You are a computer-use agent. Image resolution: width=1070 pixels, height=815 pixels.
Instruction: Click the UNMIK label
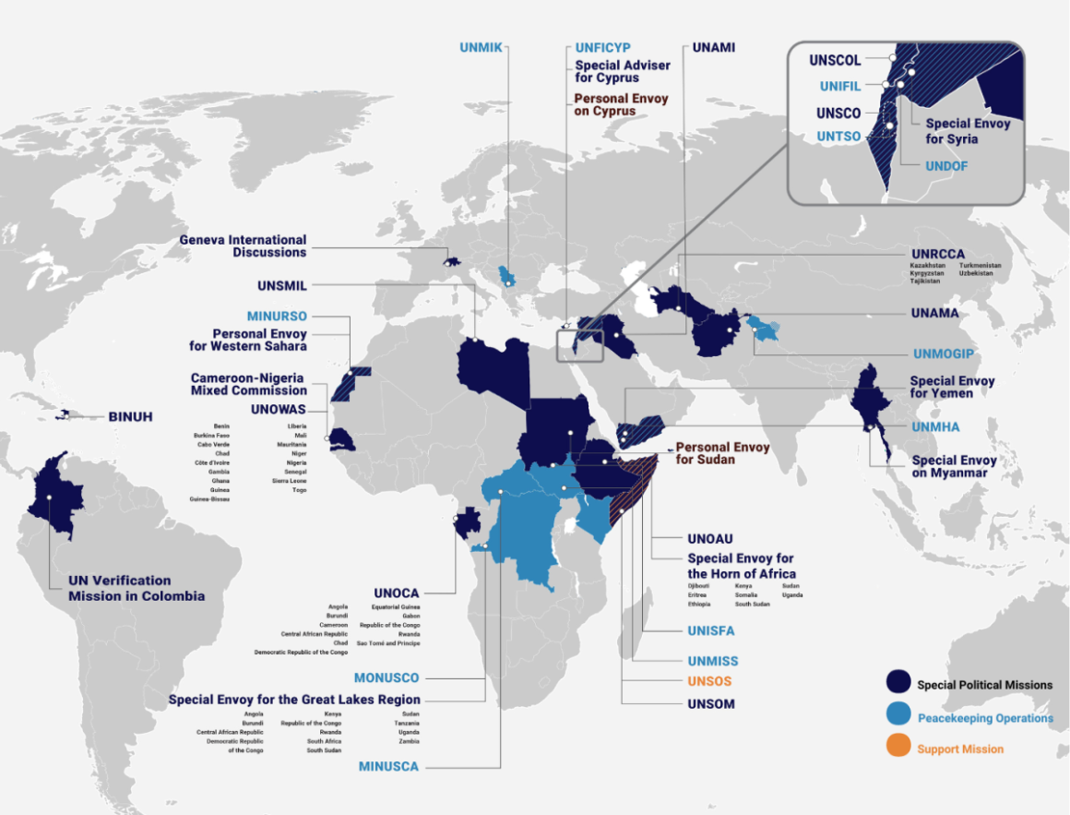tap(481, 48)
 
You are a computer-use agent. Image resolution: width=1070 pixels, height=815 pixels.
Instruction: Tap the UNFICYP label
tap(602, 48)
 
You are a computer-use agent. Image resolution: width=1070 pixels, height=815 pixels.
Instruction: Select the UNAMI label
tap(713, 48)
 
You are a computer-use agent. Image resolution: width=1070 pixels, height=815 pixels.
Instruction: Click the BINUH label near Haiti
tap(130, 416)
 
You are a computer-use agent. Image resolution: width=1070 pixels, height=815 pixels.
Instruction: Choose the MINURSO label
tap(277, 317)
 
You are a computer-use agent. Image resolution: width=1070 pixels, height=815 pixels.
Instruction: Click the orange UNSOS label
tap(709, 682)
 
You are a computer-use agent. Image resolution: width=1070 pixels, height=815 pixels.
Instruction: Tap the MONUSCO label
tap(386, 678)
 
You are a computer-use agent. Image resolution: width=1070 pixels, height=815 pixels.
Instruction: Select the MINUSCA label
tap(388, 766)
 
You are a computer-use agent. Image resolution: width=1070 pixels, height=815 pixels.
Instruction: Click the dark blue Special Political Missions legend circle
tap(898, 684)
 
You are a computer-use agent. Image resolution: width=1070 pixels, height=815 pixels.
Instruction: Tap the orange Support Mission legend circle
tap(898, 748)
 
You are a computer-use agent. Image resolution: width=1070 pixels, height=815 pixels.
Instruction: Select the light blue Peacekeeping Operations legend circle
tap(898, 716)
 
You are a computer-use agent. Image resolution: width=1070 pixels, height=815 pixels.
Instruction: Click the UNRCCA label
tap(938, 253)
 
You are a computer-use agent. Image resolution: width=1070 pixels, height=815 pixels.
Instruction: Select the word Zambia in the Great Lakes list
tap(410, 741)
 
